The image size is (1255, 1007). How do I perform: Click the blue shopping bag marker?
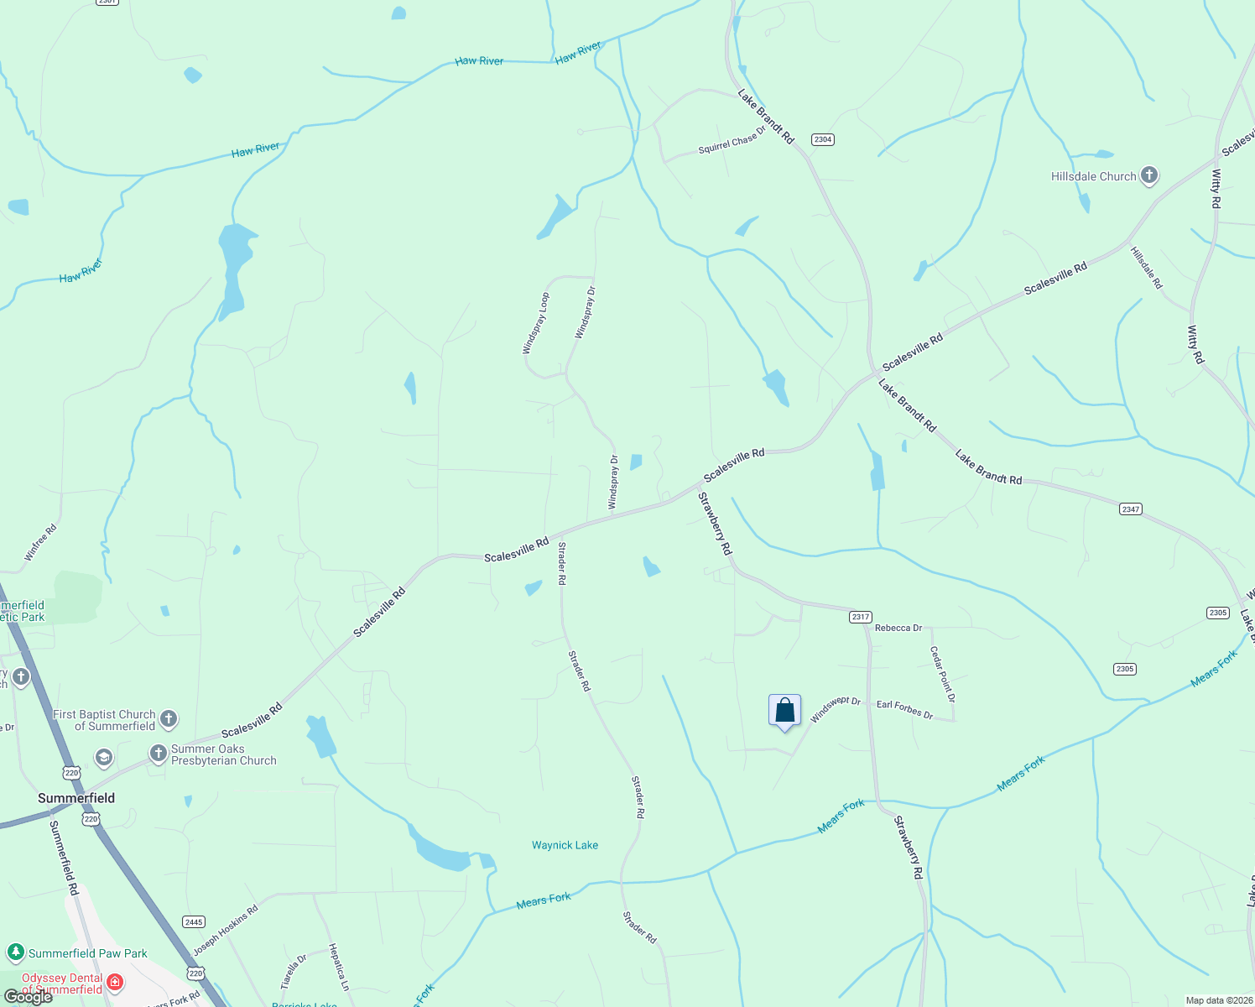coord(784,711)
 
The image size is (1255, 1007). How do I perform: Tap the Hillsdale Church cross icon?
coord(1149,176)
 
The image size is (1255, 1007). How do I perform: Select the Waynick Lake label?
coord(565,845)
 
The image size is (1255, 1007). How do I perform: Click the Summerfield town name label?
coord(76,798)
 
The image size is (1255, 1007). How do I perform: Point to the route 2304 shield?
coord(822,139)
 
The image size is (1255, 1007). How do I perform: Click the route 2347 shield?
coord(1130,509)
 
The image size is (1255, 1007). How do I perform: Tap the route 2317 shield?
coord(860,617)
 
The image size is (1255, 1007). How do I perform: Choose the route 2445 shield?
coord(194,922)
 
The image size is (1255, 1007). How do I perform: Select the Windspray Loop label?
coord(536,323)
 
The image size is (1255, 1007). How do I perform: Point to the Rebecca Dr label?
coord(898,628)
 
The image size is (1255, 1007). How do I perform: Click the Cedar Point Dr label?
coord(942,674)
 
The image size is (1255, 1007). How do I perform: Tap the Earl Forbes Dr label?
coord(904,710)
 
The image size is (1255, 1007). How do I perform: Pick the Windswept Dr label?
coord(835,709)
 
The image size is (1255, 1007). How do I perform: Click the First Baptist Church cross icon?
coord(169,719)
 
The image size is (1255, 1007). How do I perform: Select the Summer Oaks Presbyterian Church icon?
coord(158,754)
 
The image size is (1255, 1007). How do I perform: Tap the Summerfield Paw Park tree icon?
coord(15,952)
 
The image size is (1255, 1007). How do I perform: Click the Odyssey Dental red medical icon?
coord(115,983)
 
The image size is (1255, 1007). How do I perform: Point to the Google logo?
coord(28,997)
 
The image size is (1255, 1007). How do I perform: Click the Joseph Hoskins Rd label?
coord(225,931)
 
